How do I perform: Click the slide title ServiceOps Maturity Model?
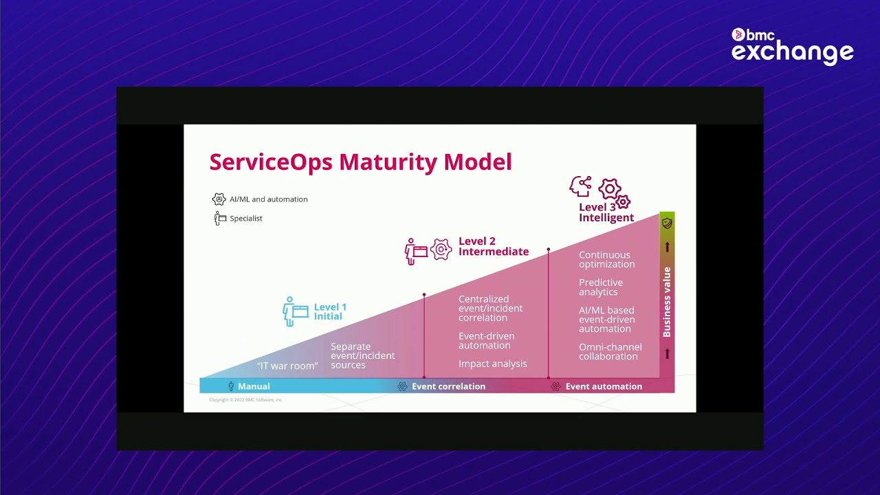tap(360, 162)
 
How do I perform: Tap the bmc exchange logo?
tap(792, 46)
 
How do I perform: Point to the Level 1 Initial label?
tap(330, 311)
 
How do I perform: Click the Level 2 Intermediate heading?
tap(493, 246)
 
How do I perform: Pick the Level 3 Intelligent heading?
tap(606, 212)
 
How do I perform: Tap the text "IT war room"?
tap(287, 366)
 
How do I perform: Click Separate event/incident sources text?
tap(362, 355)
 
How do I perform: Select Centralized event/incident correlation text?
tap(490, 308)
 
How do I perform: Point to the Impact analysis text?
tap(492, 364)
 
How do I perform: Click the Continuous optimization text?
tap(606, 259)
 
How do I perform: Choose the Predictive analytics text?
tap(600, 287)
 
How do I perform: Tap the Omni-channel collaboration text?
tap(610, 351)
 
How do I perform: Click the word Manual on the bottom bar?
tap(254, 386)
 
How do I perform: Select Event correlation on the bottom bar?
tap(448, 386)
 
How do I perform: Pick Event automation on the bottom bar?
tap(604, 386)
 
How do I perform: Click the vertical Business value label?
tap(666, 302)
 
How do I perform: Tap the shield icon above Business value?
tap(666, 223)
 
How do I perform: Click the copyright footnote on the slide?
tap(245, 399)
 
